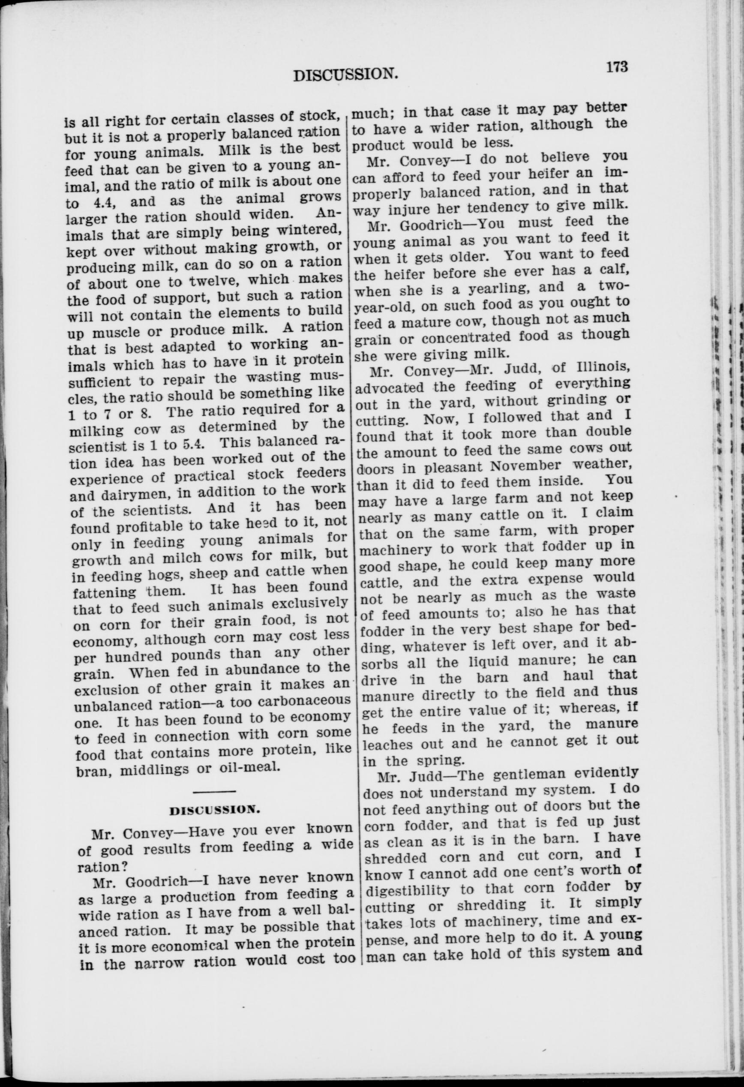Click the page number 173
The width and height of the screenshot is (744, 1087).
coord(617,67)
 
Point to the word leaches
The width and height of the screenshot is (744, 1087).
coord(386,743)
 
